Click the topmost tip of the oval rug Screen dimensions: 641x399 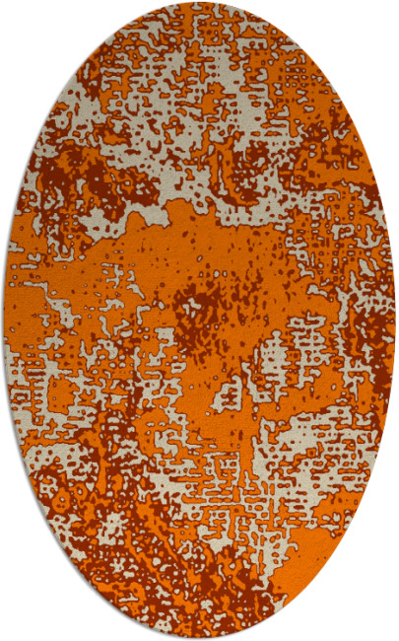tap(199, 3)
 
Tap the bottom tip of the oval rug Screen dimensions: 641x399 tap(199, 638)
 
